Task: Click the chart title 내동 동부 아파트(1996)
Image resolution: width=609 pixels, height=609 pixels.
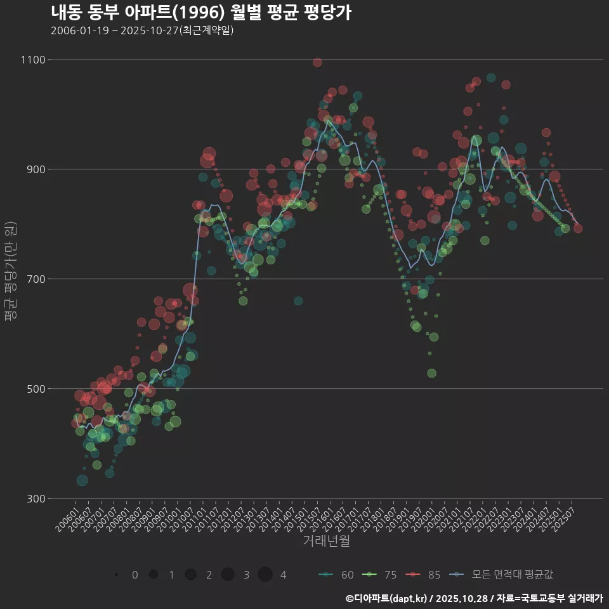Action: [x=200, y=13]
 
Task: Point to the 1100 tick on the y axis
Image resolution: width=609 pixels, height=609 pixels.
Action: [x=33, y=60]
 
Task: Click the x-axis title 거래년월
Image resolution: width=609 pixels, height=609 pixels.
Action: [x=326, y=541]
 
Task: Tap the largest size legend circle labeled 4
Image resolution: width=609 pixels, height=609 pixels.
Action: [x=265, y=575]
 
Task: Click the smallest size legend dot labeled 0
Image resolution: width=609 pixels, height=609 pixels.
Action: [x=116, y=575]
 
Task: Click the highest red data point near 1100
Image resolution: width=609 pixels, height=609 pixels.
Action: [x=317, y=62]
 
